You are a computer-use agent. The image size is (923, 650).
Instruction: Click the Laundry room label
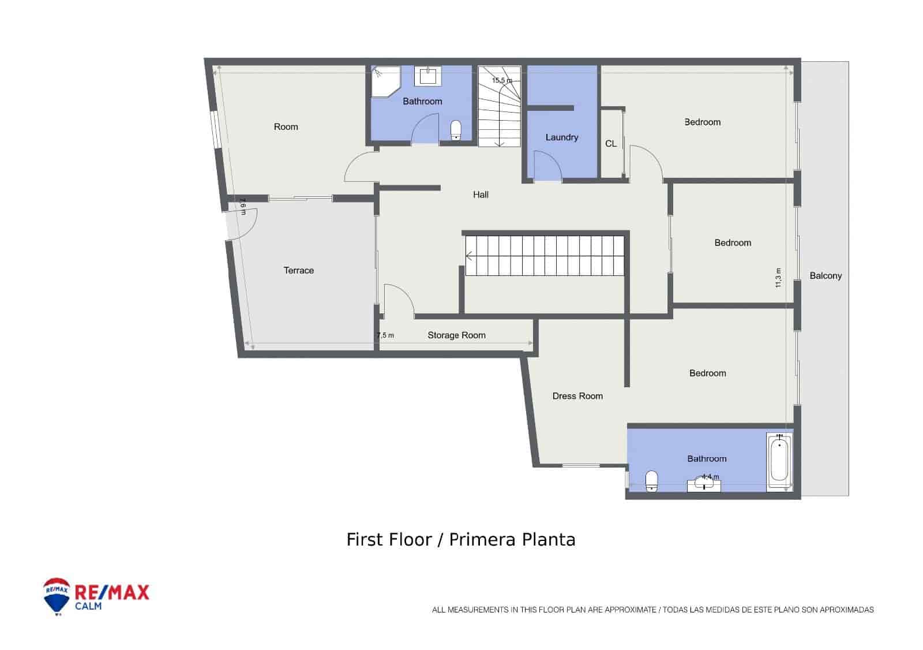pyautogui.click(x=561, y=137)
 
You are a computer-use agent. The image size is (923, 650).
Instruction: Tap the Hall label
pyautogui.click(x=481, y=195)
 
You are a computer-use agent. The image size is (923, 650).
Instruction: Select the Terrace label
pyautogui.click(x=298, y=270)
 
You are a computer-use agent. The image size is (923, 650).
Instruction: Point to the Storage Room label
pyautogui.click(x=456, y=335)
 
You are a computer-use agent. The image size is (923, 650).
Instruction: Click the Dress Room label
pyautogui.click(x=577, y=396)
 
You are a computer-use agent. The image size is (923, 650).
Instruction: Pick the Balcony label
pyautogui.click(x=826, y=276)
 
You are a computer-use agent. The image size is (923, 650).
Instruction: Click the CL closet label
pyautogui.click(x=611, y=144)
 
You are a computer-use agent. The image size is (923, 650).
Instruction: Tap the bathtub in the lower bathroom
pyautogui.click(x=779, y=462)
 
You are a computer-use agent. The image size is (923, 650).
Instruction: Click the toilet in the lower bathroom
pyautogui.click(x=651, y=480)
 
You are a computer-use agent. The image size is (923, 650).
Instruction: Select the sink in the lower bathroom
pyautogui.click(x=704, y=483)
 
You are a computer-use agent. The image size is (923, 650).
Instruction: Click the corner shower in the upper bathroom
pyautogui.click(x=385, y=81)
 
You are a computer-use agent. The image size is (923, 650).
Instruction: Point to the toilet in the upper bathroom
pyautogui.click(x=456, y=130)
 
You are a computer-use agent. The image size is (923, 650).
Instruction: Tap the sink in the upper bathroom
pyautogui.click(x=428, y=76)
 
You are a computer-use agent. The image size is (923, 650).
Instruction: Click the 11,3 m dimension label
pyautogui.click(x=778, y=278)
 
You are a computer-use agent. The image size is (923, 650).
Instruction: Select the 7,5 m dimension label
pyautogui.click(x=385, y=335)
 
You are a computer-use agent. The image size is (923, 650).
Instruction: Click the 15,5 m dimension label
pyautogui.click(x=501, y=81)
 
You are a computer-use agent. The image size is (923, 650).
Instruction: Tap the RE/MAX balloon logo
pyautogui.click(x=57, y=596)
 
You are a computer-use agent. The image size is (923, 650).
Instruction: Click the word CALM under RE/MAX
pyautogui.click(x=88, y=606)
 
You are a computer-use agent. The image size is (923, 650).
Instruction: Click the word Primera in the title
pyautogui.click(x=483, y=540)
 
